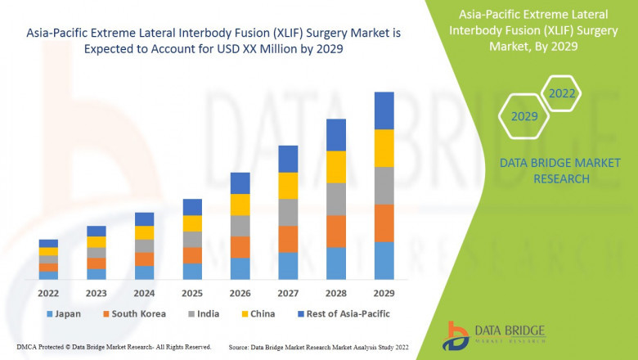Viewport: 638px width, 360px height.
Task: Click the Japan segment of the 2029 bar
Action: pyautogui.click(x=384, y=260)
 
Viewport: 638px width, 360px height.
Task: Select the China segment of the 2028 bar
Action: pyautogui.click(x=336, y=167)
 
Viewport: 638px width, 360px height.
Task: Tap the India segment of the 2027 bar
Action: pyautogui.click(x=288, y=212)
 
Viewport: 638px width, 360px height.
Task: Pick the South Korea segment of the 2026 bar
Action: pyautogui.click(x=240, y=247)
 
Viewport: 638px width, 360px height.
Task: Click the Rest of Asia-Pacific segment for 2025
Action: pyautogui.click(x=192, y=207)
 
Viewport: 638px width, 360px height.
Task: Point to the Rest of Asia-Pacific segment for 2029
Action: pyautogui.click(x=384, y=110)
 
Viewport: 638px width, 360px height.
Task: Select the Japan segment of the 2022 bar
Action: pyautogui.click(x=48, y=275)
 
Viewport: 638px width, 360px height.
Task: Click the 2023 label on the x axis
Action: pyautogui.click(x=97, y=292)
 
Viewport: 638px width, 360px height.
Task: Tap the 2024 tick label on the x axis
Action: pyautogui.click(x=144, y=292)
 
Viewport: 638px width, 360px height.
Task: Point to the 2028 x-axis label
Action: pyautogui.click(x=336, y=292)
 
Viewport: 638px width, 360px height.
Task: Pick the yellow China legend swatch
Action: pyautogui.click(x=245, y=313)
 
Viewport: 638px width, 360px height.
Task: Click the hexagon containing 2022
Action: pyautogui.click(x=561, y=94)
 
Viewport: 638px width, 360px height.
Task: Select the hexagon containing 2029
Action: pyautogui.click(x=524, y=117)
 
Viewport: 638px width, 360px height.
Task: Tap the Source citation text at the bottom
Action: pyautogui.click(x=320, y=347)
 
